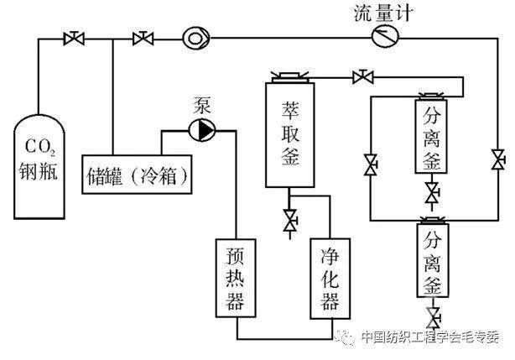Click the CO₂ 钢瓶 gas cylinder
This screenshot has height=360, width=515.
[x=39, y=164]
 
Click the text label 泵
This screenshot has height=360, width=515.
[x=205, y=107]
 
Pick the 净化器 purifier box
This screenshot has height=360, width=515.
[x=329, y=277]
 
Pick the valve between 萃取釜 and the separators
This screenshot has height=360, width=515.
[x=363, y=78]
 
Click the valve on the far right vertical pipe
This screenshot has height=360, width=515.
[x=498, y=159]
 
